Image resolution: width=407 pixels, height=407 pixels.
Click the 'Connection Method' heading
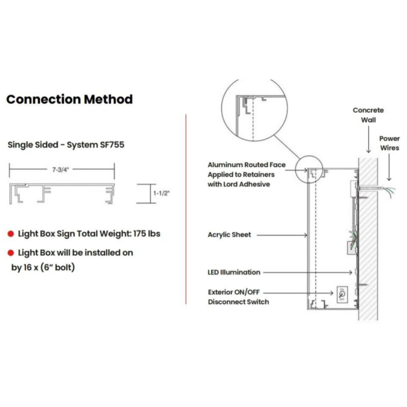click(x=70, y=99)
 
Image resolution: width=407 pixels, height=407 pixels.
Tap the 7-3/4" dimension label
click(x=60, y=170)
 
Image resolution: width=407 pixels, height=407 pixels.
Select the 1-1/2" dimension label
click(x=161, y=193)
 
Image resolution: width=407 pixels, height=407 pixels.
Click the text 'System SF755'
click(x=95, y=145)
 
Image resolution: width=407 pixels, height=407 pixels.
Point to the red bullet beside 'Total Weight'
click(x=10, y=234)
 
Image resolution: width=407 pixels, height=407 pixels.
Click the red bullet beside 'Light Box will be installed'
click(x=10, y=253)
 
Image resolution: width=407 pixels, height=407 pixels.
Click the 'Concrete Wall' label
click(x=368, y=115)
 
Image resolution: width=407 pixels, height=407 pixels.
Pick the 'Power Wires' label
click(x=390, y=143)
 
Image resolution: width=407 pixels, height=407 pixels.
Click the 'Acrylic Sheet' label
click(x=230, y=235)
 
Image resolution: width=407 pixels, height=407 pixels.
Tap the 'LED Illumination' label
click(x=234, y=272)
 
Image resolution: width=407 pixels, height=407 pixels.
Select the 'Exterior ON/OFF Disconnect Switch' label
click(x=238, y=297)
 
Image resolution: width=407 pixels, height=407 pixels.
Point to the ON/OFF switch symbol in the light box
click(x=342, y=294)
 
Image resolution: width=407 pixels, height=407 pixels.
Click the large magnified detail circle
click(x=255, y=109)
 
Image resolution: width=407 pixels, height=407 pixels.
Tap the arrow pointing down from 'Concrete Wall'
click(x=369, y=140)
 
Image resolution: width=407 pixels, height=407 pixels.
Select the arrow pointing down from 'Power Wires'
click(x=389, y=167)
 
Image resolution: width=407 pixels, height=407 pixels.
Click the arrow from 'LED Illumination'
click(x=308, y=272)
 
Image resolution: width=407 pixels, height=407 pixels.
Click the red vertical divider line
click(x=186, y=209)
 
